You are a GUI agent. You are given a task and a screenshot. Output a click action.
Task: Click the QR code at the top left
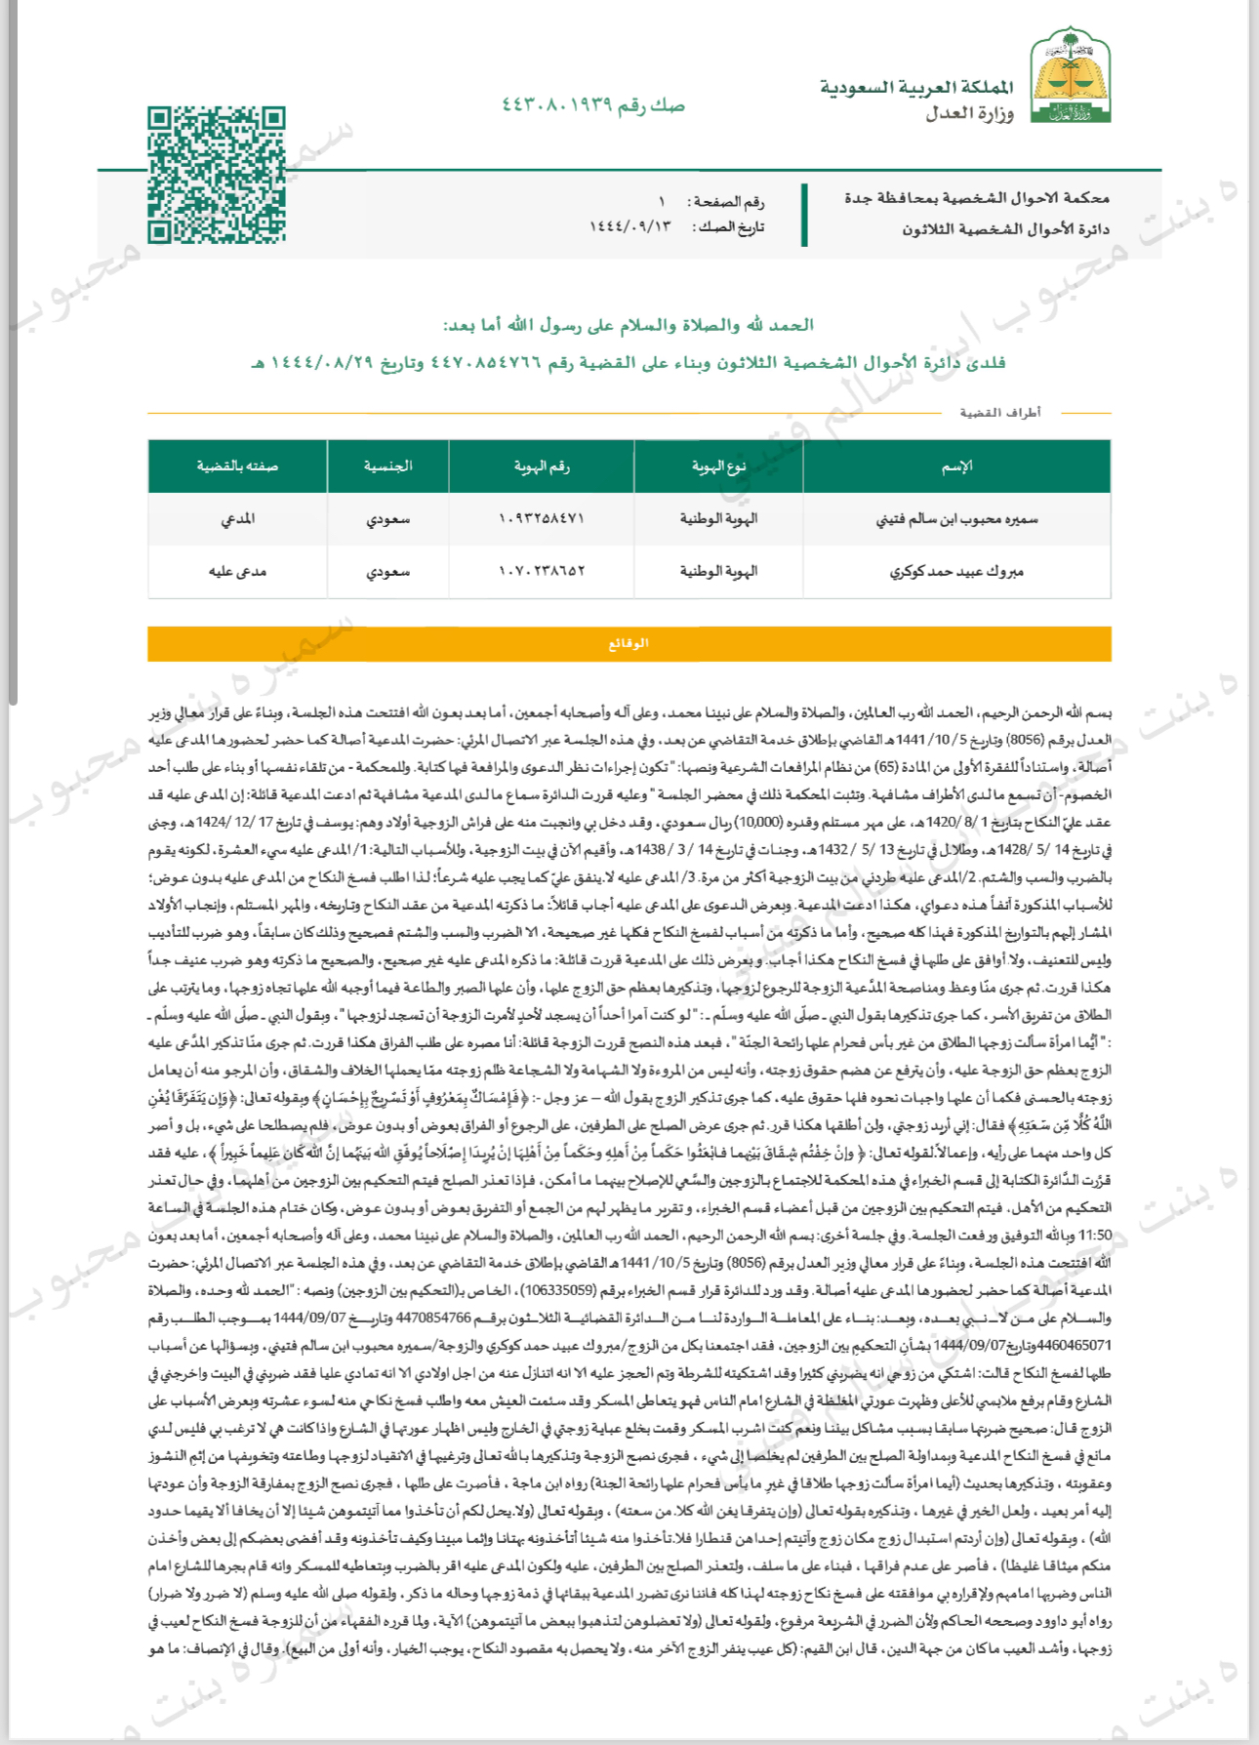[217, 176]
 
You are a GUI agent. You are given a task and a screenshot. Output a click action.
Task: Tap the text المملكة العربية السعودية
[916, 88]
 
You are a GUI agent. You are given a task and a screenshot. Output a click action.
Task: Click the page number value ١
[662, 202]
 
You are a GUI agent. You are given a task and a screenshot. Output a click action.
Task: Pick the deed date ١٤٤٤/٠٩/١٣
[630, 226]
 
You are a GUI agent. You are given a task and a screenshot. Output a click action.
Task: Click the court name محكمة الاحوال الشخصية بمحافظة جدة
[976, 198]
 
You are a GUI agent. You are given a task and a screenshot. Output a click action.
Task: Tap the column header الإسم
[956, 467]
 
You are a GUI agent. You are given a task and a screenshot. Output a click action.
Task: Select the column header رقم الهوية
[542, 467]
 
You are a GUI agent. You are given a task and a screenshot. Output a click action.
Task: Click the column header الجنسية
[387, 467]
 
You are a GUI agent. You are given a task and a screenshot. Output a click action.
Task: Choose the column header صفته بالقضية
[237, 467]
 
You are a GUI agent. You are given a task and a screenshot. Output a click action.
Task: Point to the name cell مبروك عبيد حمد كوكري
[956, 571]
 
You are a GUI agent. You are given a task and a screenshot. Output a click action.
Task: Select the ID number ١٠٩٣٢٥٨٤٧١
[542, 519]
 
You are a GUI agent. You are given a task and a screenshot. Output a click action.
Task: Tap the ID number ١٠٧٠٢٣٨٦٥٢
[542, 571]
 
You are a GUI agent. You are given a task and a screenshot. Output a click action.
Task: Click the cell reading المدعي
[237, 519]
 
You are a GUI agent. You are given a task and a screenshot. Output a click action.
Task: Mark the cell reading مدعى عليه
[237, 571]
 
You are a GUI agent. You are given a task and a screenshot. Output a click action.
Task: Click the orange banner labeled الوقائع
[629, 644]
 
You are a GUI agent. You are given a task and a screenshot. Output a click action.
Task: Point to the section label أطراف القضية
[1000, 413]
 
